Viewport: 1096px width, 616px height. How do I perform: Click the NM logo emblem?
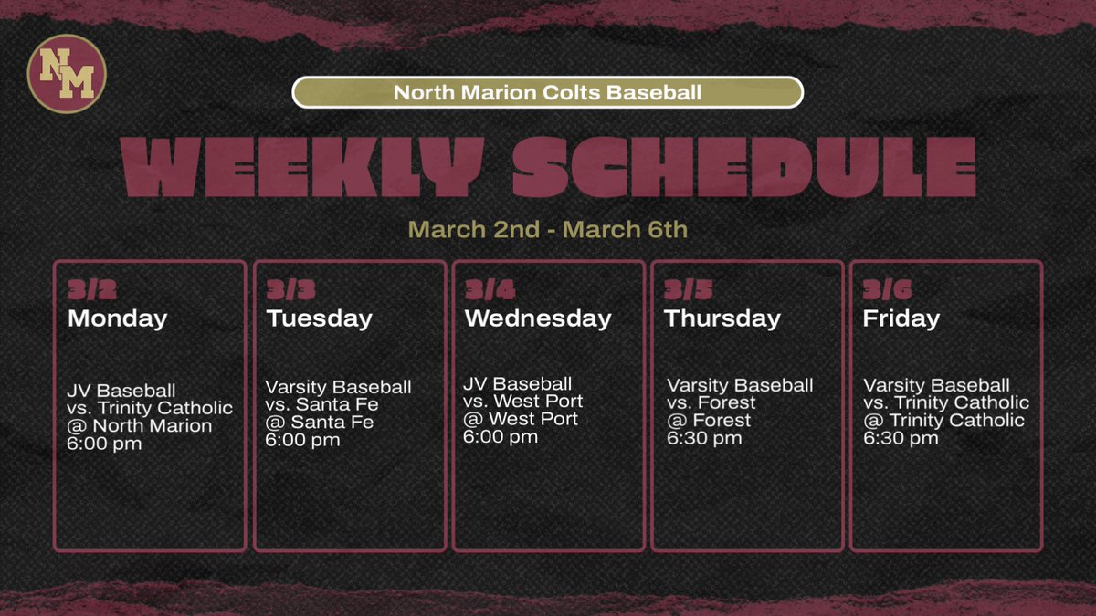(x=67, y=73)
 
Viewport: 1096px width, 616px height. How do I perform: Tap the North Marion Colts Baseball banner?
(x=547, y=92)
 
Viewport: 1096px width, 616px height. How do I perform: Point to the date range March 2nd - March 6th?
(x=547, y=228)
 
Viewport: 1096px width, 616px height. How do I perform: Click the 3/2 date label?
(x=89, y=291)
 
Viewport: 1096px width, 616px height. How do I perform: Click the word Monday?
(x=117, y=318)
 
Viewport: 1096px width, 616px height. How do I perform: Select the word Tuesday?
(x=319, y=318)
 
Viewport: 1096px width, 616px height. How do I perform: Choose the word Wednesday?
(x=537, y=318)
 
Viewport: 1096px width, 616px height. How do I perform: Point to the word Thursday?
(x=722, y=318)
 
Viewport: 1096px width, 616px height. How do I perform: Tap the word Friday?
(x=901, y=318)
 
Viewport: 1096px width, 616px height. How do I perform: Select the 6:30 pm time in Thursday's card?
(x=704, y=438)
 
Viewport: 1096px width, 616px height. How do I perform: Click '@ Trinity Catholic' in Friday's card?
(x=943, y=421)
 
